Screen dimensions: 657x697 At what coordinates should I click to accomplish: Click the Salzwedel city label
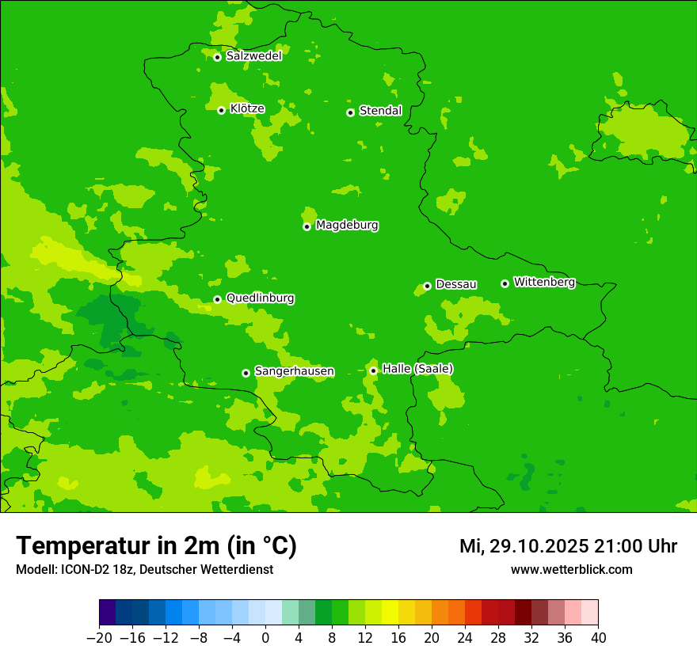point(253,56)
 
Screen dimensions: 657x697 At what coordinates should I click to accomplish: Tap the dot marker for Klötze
point(221,110)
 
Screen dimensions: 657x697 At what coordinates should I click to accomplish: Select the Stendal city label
point(380,111)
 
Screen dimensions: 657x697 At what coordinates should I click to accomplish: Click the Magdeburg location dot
point(307,226)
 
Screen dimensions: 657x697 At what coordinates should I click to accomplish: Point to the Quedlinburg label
point(260,298)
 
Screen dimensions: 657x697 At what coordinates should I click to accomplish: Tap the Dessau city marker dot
point(427,286)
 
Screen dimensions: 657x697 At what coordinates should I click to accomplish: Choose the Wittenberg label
point(544,282)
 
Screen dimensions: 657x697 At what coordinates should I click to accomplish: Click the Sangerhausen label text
point(294,371)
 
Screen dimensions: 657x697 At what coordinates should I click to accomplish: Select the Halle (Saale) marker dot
point(373,370)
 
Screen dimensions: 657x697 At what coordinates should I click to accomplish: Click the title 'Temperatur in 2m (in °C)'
point(156,545)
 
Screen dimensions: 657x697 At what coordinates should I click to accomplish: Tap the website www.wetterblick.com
point(571,569)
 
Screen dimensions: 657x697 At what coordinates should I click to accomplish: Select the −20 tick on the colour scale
point(99,638)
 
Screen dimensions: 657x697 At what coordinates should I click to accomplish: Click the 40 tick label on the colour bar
point(598,638)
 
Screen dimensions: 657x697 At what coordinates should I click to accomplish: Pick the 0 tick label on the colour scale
point(265,638)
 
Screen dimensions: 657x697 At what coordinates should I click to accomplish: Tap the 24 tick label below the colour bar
point(465,638)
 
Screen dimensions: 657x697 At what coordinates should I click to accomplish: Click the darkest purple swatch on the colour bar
point(107,613)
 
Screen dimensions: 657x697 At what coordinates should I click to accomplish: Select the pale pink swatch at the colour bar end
point(590,613)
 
